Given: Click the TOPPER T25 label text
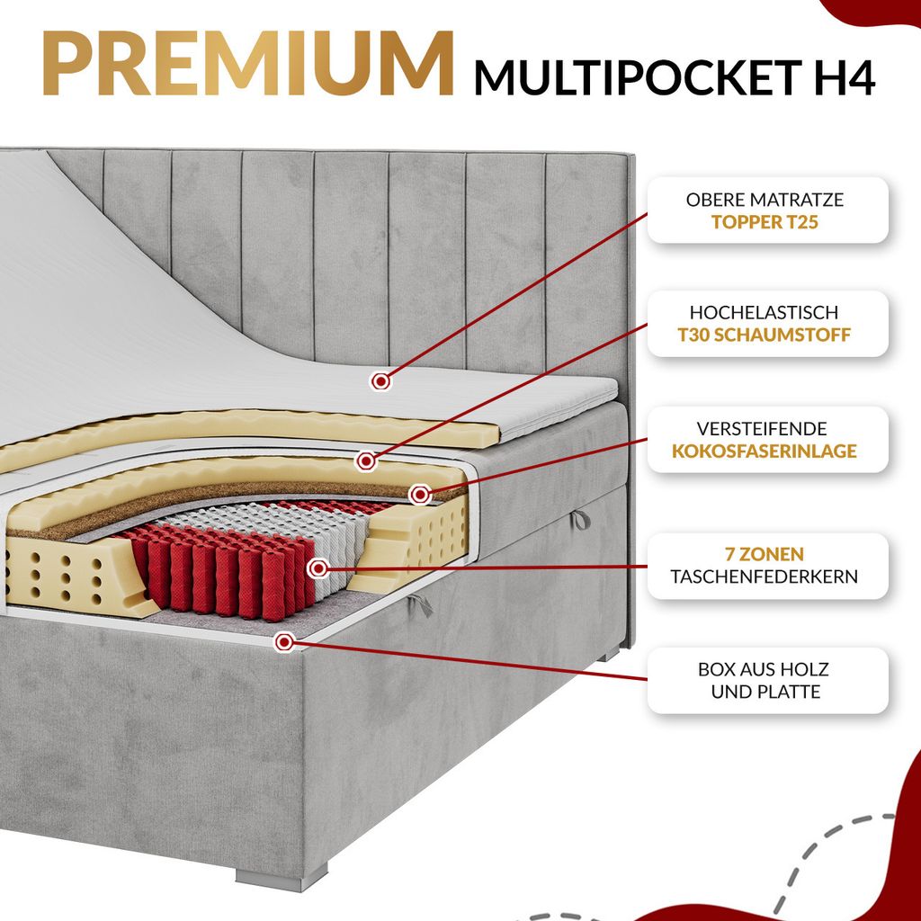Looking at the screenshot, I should coord(765,221).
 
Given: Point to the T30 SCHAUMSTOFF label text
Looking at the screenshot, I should coord(765,335).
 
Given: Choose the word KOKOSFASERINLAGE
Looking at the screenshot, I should coord(765,451).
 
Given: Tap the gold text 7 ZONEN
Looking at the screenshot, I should coord(765,554).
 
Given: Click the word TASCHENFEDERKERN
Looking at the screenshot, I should coord(765,577).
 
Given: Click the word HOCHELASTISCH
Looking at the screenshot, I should coord(765,312).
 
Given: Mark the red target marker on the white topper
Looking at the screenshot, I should coord(381,381).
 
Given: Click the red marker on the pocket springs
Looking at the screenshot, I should coord(317,568).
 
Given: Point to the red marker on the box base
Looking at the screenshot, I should coord(285,641).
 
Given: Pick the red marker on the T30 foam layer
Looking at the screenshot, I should coord(365,461).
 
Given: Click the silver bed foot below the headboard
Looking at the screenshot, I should coord(612,655).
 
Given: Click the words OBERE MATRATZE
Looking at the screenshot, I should coord(765,199).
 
